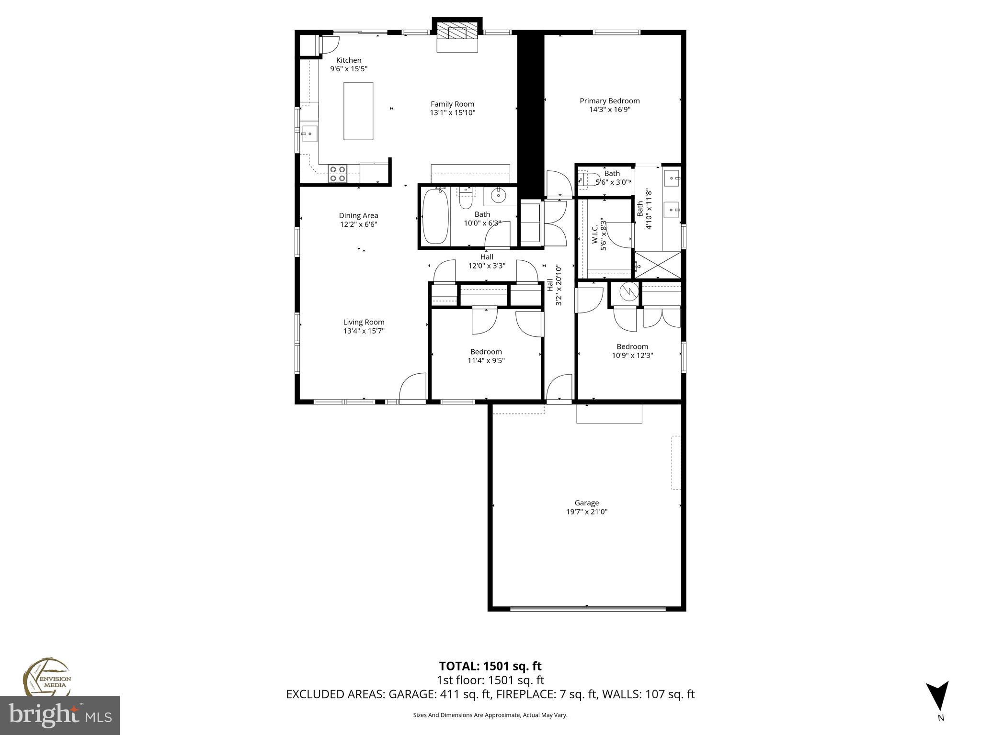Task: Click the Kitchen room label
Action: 348,60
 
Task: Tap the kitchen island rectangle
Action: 358,111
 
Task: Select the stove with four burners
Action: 338,173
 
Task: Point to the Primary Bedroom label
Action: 609,101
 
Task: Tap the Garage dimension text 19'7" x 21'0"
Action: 586,512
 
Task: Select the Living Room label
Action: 364,322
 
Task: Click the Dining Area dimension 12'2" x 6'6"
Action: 358,224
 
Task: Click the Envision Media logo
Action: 46,677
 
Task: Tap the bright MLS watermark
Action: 60,715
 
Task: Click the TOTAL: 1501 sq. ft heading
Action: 490,666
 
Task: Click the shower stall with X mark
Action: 657,265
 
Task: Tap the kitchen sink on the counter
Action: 309,133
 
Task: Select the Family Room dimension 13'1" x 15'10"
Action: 452,113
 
